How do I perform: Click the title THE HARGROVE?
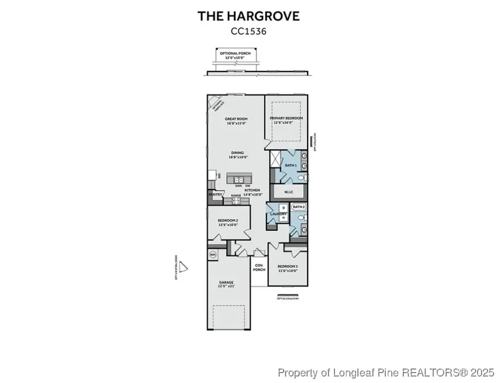(x=249, y=16)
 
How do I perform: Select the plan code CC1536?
(x=249, y=31)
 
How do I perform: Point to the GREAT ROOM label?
(x=236, y=119)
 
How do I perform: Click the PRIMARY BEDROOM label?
(x=286, y=118)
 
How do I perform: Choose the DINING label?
(x=237, y=153)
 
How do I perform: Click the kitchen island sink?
(x=238, y=180)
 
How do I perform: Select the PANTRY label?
(x=215, y=195)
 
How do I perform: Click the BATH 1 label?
(x=291, y=165)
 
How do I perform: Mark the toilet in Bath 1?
(x=302, y=177)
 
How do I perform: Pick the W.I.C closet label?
(x=288, y=192)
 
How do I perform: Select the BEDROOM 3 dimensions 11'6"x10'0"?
(x=287, y=271)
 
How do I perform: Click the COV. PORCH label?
(x=258, y=267)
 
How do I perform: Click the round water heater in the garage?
(x=213, y=254)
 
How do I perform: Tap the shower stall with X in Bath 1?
(x=274, y=158)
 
